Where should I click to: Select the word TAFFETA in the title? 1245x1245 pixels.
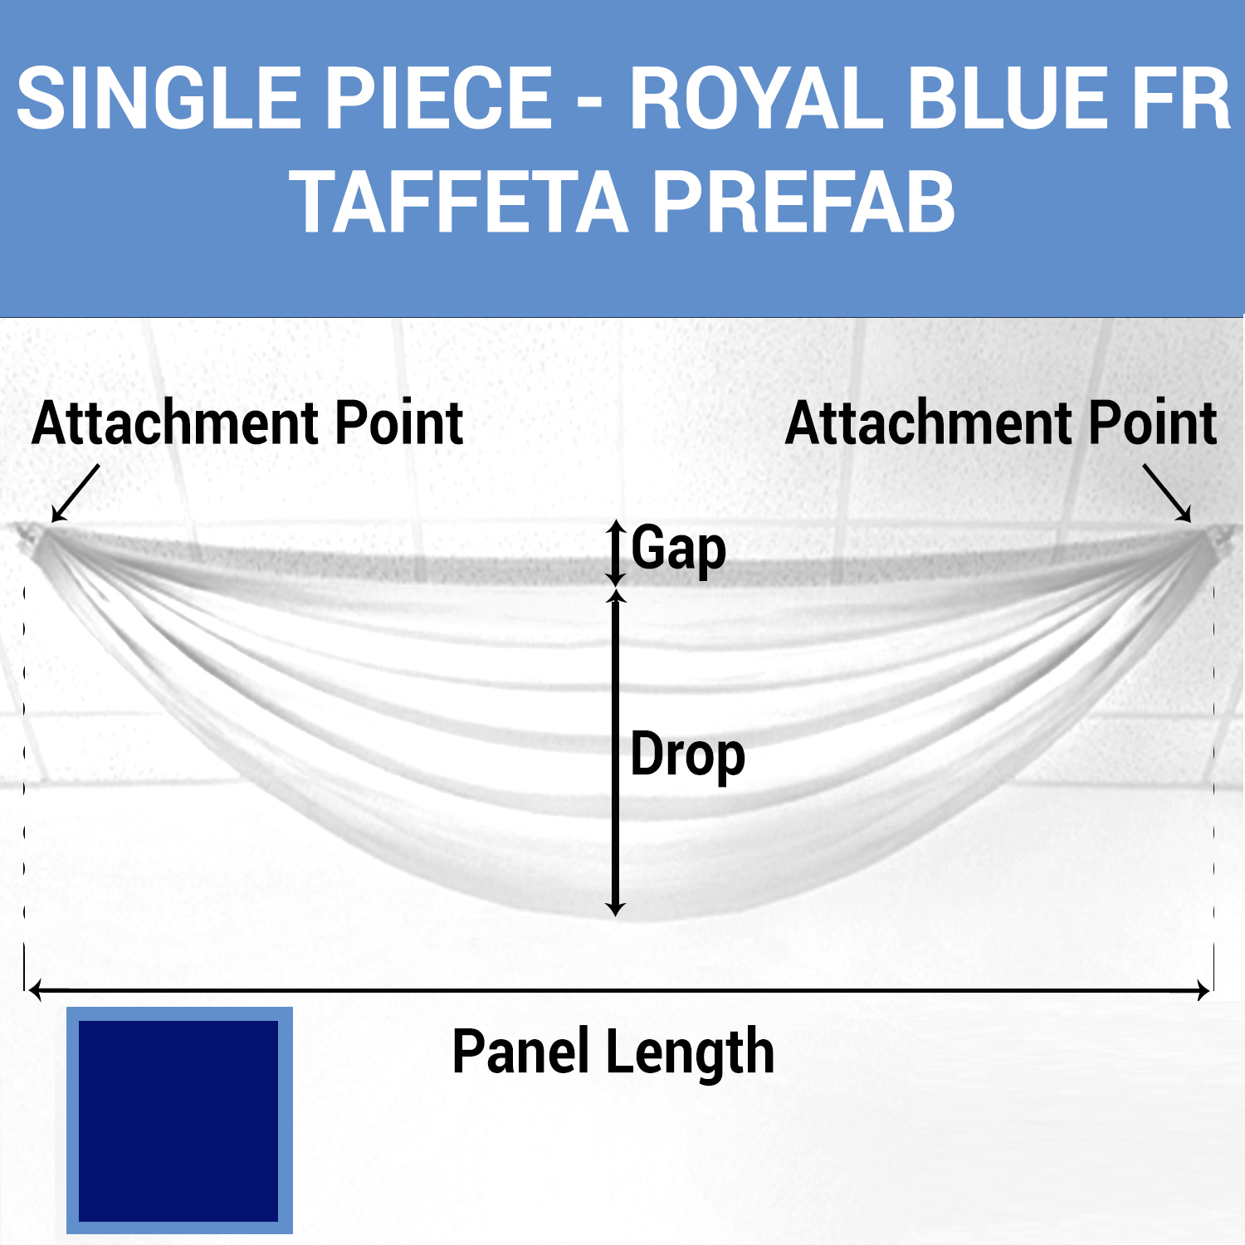click(x=459, y=203)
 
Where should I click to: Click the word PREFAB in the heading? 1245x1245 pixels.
click(x=803, y=203)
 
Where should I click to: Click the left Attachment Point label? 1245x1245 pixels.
click(x=247, y=423)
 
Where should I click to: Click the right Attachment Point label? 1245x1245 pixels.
click(x=1000, y=423)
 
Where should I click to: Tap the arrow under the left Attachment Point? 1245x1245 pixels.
click(x=75, y=494)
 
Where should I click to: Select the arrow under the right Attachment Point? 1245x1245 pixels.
click(x=1168, y=493)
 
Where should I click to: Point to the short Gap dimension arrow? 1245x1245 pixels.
click(x=615, y=553)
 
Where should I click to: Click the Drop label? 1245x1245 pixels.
click(x=687, y=755)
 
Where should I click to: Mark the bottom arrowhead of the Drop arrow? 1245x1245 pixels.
click(x=615, y=910)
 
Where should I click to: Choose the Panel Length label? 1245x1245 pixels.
click(x=613, y=1052)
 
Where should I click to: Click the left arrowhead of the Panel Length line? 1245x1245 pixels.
click(x=35, y=990)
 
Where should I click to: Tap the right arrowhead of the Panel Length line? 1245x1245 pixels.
click(x=1203, y=990)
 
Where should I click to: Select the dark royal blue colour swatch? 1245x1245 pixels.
click(x=178, y=1120)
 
